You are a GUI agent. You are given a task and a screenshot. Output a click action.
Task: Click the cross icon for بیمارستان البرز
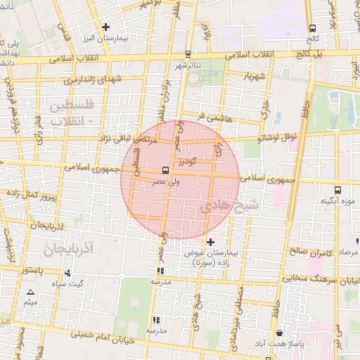pyautogui.click(x=105, y=27)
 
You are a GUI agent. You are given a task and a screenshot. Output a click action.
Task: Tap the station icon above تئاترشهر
pyautogui.click(x=188, y=54)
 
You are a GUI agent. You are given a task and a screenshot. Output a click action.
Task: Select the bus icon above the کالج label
pyautogui.click(x=311, y=29)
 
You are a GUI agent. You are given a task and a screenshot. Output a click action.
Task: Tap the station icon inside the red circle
pyautogui.click(x=165, y=170)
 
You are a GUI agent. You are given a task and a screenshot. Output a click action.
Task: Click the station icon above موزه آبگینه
pyautogui.click(x=338, y=190)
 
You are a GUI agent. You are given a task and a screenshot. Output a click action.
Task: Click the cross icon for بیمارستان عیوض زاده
pyautogui.click(x=210, y=242)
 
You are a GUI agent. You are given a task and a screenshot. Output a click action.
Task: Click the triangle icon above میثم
pyautogui.click(x=30, y=292)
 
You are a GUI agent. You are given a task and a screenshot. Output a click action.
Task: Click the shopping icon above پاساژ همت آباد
pyautogui.click(x=280, y=333)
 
